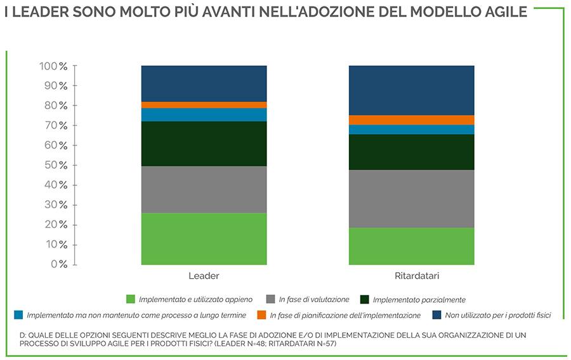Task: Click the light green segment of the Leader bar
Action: [204, 238]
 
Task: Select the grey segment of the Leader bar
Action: [204, 189]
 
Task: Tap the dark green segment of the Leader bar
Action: [204, 143]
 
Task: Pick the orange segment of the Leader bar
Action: [204, 105]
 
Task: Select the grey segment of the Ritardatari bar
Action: [411, 198]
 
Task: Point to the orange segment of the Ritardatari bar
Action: [411, 119]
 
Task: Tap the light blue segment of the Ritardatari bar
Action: [411, 129]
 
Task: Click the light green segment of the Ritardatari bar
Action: [411, 246]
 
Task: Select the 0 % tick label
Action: [59, 264]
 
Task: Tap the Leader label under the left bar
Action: [204, 276]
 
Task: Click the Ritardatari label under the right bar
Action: [412, 276]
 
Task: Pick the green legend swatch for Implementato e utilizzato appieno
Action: [131, 299]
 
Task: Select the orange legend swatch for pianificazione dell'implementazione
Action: [261, 315]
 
